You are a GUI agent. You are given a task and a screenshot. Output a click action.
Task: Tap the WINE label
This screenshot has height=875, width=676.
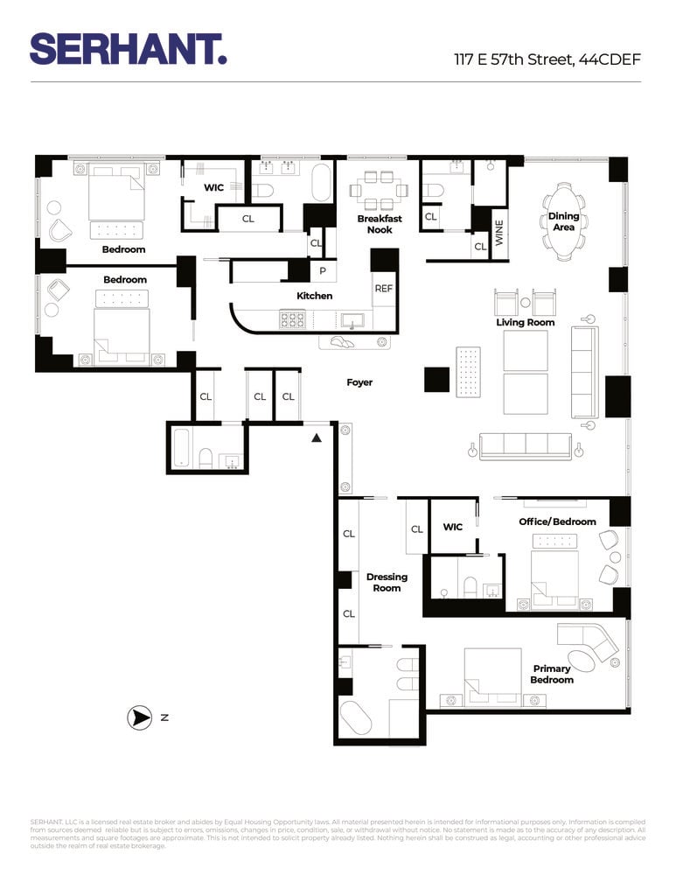point(500,234)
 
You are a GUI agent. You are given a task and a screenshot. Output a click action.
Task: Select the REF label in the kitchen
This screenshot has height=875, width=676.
point(384,288)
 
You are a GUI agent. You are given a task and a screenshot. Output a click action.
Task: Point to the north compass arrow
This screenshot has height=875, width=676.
point(139,717)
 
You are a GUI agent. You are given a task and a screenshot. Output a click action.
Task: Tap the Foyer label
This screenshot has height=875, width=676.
point(359,382)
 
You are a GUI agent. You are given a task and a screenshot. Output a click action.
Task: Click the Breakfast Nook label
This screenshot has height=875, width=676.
point(380,224)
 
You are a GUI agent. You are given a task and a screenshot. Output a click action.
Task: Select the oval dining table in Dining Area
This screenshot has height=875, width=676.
point(564,222)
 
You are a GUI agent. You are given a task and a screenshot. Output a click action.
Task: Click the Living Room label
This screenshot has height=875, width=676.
point(526,322)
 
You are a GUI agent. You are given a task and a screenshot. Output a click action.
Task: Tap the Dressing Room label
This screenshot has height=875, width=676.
point(387,582)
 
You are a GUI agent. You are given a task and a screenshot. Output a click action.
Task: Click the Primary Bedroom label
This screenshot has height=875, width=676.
point(552,674)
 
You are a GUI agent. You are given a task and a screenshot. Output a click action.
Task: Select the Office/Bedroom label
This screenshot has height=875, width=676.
point(557,521)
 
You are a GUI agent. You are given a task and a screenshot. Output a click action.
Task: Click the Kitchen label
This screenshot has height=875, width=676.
point(314,296)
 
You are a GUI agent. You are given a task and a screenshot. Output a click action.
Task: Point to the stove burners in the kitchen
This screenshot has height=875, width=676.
point(292,318)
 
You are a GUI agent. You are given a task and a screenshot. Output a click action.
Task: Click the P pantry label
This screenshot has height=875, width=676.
point(323,271)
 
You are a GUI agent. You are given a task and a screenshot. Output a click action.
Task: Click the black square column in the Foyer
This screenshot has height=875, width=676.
point(436,379)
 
